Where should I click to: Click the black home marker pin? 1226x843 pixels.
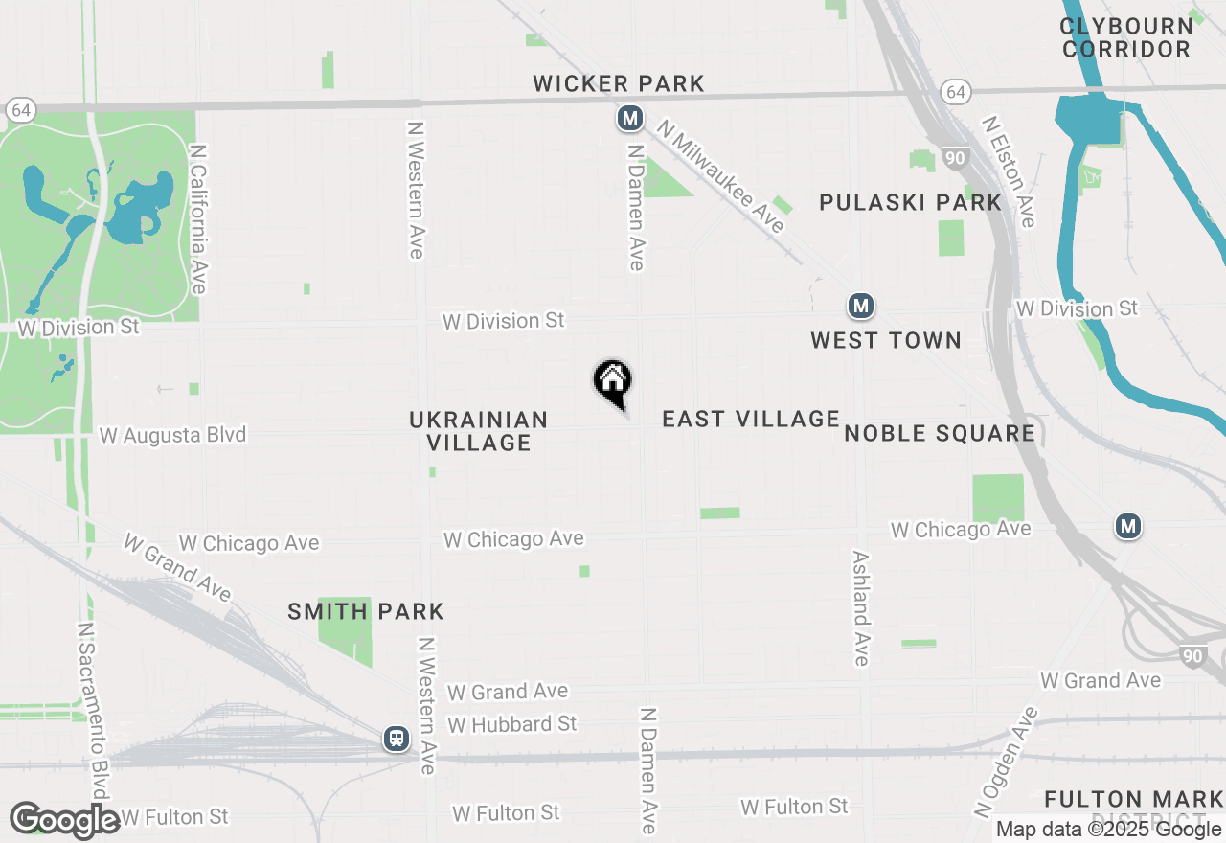613,383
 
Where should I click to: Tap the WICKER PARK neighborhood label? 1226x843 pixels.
619,84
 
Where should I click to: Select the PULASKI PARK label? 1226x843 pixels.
910,202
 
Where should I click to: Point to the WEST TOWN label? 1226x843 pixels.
885,340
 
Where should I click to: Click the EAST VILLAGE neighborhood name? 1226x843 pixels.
751,419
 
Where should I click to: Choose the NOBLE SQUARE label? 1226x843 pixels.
940,434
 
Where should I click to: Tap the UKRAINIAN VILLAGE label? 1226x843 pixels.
479,431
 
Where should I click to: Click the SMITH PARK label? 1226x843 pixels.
366,611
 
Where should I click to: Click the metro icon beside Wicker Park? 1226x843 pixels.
629,118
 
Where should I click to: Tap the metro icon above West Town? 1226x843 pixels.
861,307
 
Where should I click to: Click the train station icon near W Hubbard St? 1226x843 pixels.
396,739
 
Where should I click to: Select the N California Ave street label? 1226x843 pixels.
198,219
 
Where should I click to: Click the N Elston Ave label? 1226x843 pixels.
1008,172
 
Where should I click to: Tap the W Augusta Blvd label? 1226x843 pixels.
173,435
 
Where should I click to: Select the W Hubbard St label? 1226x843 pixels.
512,724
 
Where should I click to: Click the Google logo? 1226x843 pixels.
65,820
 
